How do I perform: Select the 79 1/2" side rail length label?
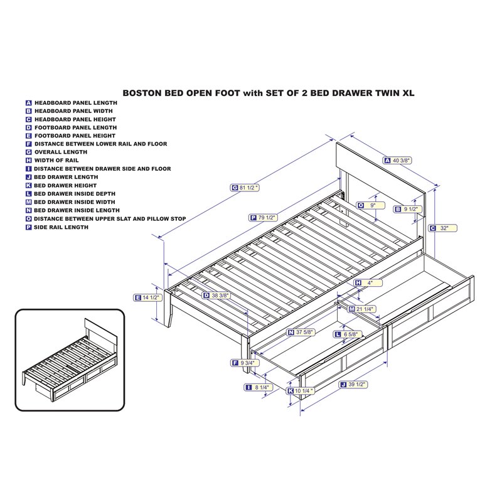click(x=267, y=217)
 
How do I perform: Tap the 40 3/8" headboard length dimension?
click(x=402, y=161)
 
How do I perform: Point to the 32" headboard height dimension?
click(x=444, y=228)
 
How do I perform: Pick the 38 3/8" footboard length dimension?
click(x=220, y=295)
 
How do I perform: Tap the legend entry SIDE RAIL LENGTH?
click(x=61, y=227)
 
